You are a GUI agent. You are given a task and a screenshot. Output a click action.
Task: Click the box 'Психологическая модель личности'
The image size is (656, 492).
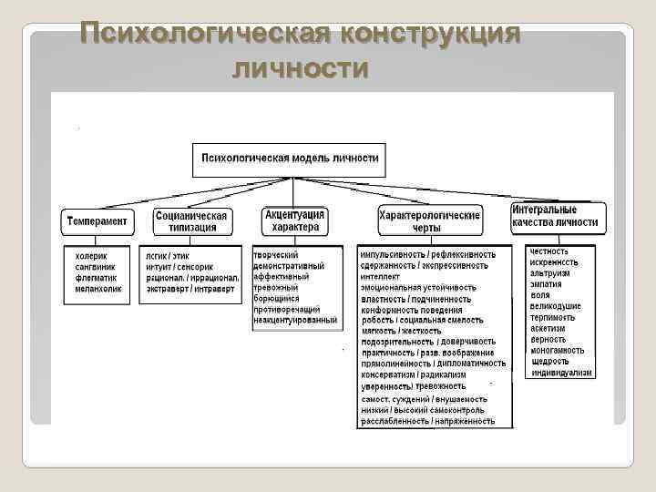(x=289, y=158)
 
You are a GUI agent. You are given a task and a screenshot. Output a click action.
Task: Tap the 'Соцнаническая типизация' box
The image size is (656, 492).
(x=192, y=221)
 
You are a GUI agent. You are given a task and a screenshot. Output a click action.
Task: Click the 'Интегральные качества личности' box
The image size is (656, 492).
(x=555, y=216)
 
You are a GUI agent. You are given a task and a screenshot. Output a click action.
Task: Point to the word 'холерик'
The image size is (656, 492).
(x=91, y=256)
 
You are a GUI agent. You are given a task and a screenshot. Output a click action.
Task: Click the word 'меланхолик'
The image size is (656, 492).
(x=97, y=289)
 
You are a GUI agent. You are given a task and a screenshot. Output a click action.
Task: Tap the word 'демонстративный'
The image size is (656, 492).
(x=288, y=265)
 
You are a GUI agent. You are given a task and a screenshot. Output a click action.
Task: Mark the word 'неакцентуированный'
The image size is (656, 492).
(x=295, y=320)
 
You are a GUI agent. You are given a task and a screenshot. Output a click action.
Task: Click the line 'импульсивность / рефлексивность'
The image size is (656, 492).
(x=427, y=254)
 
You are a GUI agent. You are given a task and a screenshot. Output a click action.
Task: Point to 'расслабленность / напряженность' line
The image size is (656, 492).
(x=427, y=421)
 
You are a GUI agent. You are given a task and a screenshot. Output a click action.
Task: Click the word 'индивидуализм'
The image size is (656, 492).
(x=561, y=373)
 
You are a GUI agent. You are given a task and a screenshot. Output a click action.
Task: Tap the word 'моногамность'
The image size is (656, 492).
(x=559, y=351)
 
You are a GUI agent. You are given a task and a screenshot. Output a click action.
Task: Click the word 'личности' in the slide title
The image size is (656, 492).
(x=301, y=68)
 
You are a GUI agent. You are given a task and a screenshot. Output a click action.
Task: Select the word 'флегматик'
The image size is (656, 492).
(x=95, y=278)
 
